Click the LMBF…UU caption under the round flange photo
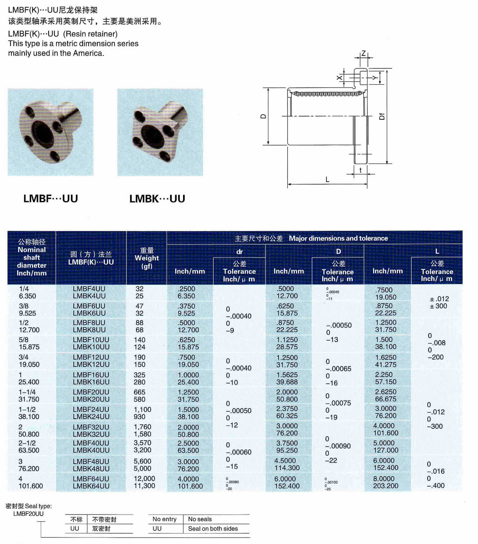[x=50, y=199]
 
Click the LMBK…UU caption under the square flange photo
[x=157, y=199]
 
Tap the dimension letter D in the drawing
[x=264, y=116]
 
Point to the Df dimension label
[x=382, y=116]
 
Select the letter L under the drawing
[x=327, y=180]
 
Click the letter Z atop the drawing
[x=364, y=54]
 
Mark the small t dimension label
[x=360, y=170]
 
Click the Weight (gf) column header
[x=146, y=258]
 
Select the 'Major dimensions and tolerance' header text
[x=338, y=238]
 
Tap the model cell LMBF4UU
[x=89, y=289]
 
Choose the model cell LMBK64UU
[x=91, y=486]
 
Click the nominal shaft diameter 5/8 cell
[x=24, y=340]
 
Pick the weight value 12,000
[x=145, y=479]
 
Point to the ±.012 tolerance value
[x=439, y=299]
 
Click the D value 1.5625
[x=287, y=375]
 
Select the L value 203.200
[x=386, y=486]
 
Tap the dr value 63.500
[x=188, y=450]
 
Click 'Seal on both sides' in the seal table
[x=213, y=528]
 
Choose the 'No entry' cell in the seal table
[x=164, y=519]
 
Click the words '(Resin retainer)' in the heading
[x=90, y=34]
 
